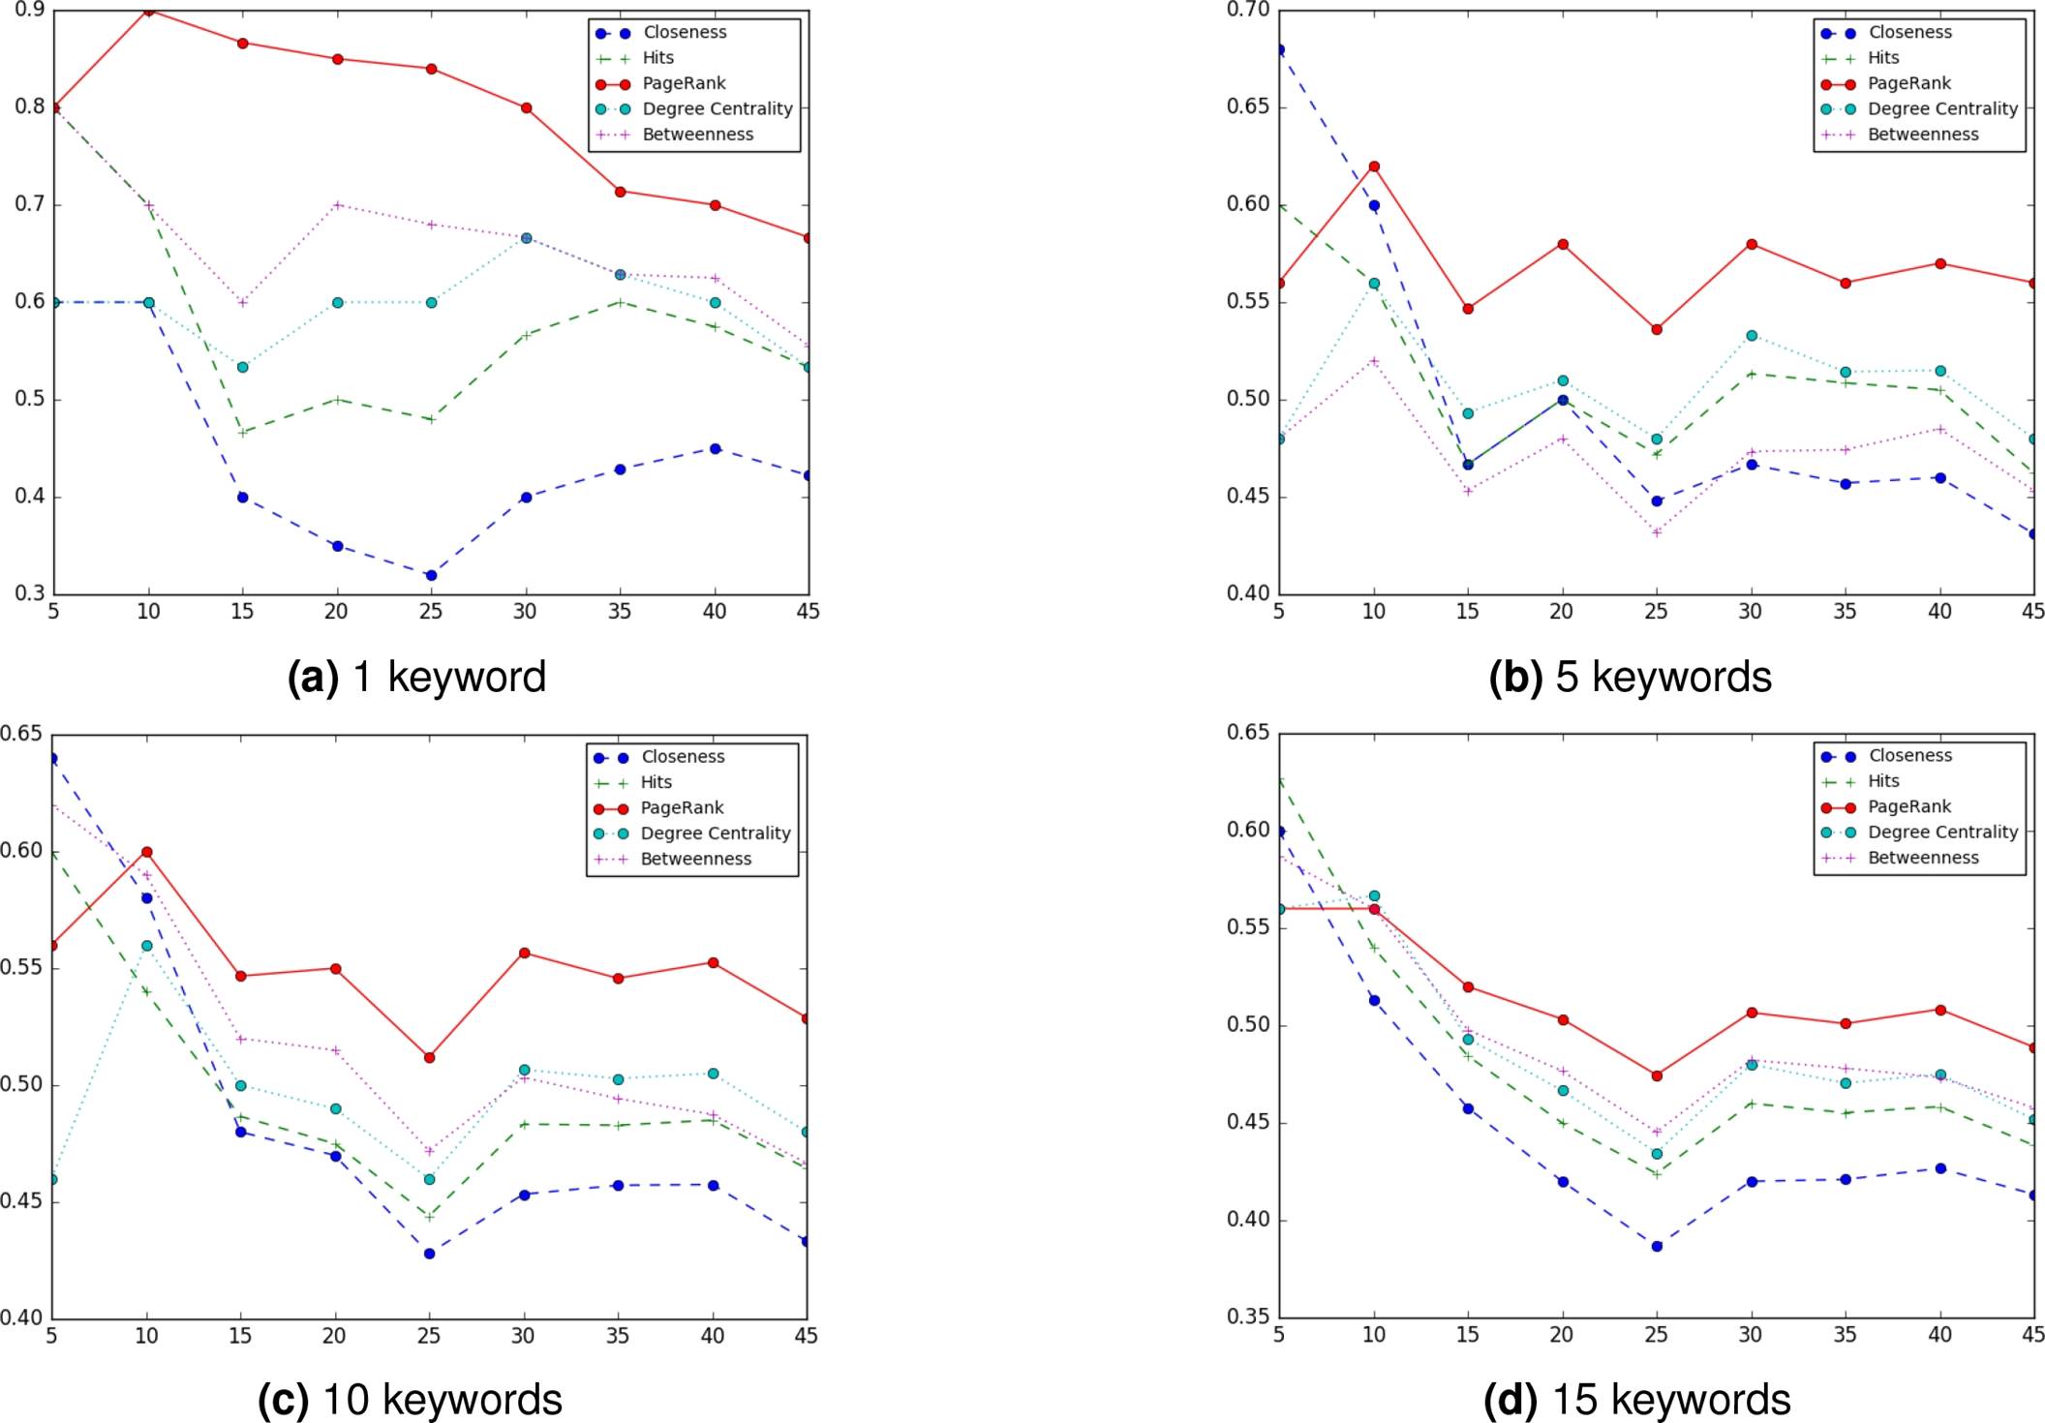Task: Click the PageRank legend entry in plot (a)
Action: point(684,83)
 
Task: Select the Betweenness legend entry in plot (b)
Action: point(1922,135)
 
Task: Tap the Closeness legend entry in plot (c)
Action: point(682,757)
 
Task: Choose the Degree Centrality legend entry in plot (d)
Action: point(1941,833)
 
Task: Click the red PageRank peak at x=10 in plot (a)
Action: point(148,11)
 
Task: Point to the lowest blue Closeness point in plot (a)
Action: point(431,576)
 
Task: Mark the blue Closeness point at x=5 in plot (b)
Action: point(1280,49)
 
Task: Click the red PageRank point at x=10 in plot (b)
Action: point(1374,167)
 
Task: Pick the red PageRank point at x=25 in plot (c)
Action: point(430,1058)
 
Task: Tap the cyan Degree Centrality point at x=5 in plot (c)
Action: point(53,1180)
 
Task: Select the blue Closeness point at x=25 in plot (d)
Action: point(1657,1247)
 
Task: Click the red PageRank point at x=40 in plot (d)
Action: point(1940,1011)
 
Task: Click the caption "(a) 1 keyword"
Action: point(417,677)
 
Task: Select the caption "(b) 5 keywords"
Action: point(1631,677)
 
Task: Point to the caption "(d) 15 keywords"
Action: point(1637,1400)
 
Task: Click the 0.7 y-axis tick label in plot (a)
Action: point(30,204)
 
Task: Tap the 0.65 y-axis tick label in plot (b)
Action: point(1248,106)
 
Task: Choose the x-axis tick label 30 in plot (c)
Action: point(523,1336)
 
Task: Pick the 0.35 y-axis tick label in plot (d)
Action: point(1248,1317)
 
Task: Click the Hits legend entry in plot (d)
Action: point(1882,781)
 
